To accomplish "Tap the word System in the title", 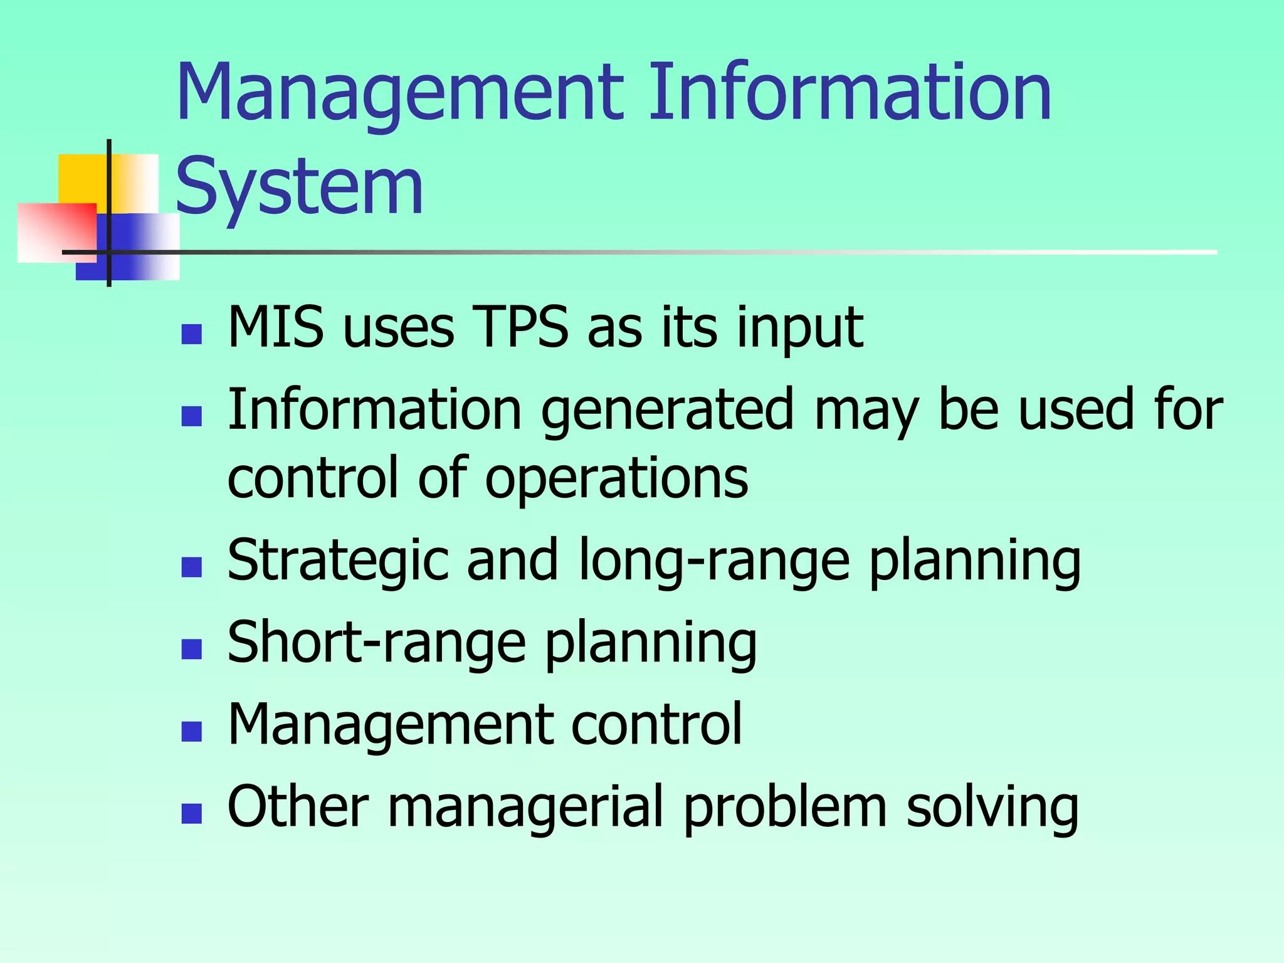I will coord(300,187).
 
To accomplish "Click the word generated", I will coord(668,411).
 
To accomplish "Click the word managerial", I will coord(525,808).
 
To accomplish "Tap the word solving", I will coord(992,808).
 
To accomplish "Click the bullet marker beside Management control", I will coord(191,732).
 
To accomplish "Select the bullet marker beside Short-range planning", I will coord(191,650).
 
